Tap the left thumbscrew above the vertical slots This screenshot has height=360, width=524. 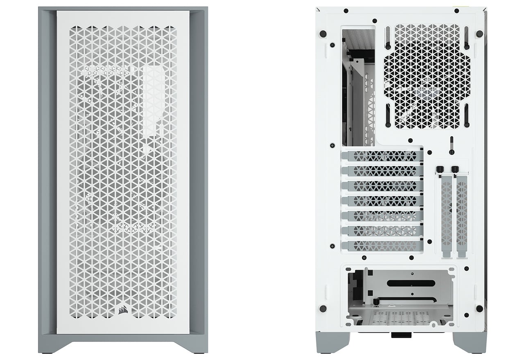[x=441, y=169]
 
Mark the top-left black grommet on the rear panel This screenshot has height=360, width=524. [x=322, y=33]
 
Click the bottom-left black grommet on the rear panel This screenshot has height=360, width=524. [x=323, y=308]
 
